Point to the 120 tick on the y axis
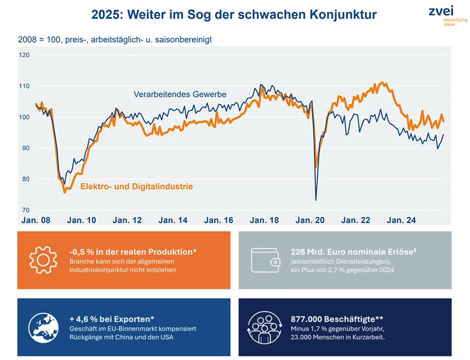[x=24, y=55]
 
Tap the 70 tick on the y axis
[x=24, y=210]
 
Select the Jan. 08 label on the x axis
[x=36, y=221]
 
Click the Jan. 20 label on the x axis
[x=310, y=221]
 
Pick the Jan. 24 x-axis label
[x=401, y=221]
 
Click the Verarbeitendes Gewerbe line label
[x=180, y=94]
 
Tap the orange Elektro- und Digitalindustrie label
[x=136, y=186]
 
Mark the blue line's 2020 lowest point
[x=316, y=200]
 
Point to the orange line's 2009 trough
[x=64, y=192]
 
